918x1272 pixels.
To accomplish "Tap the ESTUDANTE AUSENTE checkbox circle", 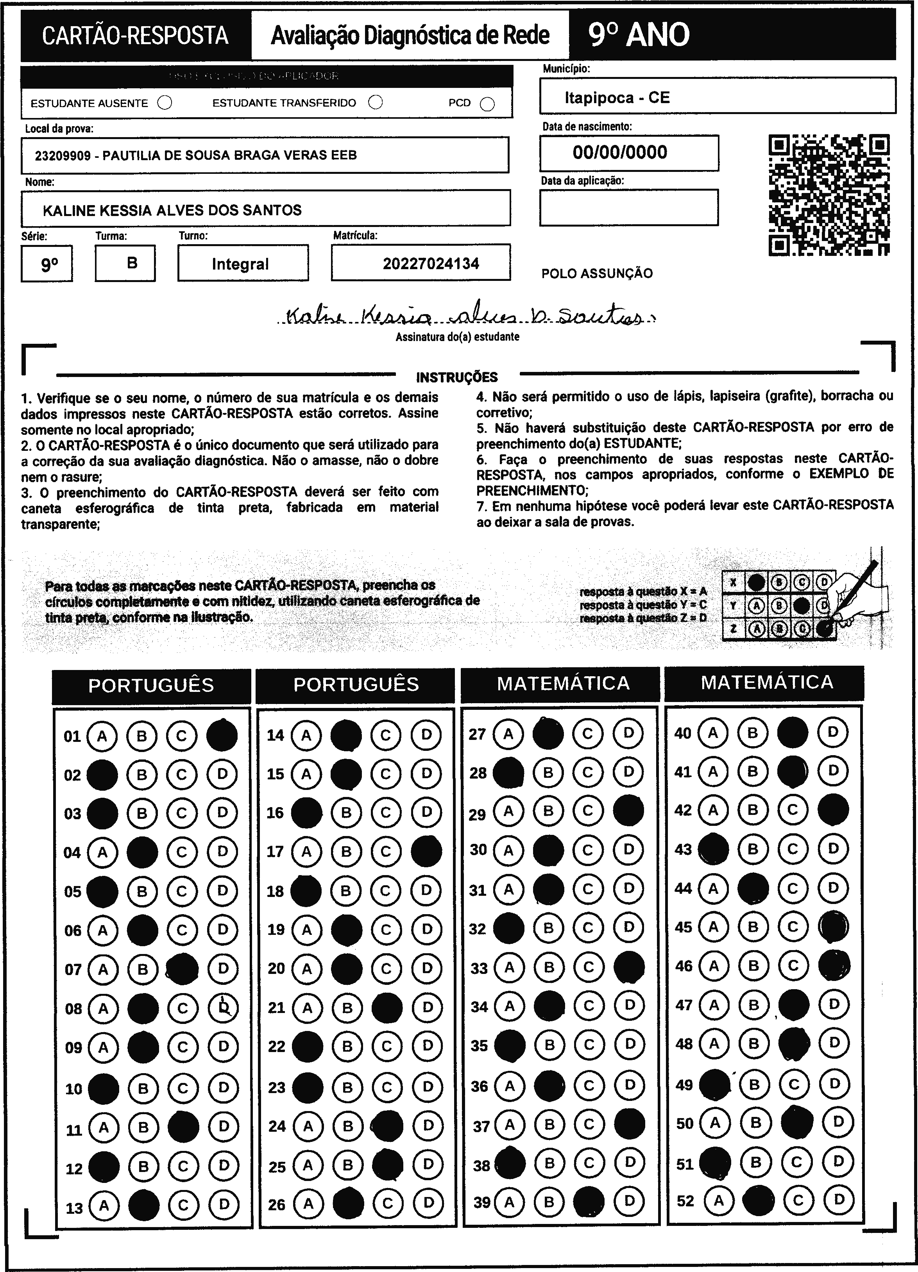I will click(165, 103).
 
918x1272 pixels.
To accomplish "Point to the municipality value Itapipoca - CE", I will click(617, 98).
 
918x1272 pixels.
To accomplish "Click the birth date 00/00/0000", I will click(620, 152).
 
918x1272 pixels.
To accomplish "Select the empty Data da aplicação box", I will click(628, 207).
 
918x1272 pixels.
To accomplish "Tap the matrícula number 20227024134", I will click(431, 264).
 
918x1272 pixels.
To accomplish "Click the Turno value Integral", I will click(240, 264).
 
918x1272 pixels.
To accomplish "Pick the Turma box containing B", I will click(125, 263).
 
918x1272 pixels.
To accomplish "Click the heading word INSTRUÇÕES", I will click(457, 377).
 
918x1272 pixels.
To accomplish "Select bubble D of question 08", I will click(223, 1008).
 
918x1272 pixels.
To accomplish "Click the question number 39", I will click(482, 1201).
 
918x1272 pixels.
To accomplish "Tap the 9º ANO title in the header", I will click(639, 35).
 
